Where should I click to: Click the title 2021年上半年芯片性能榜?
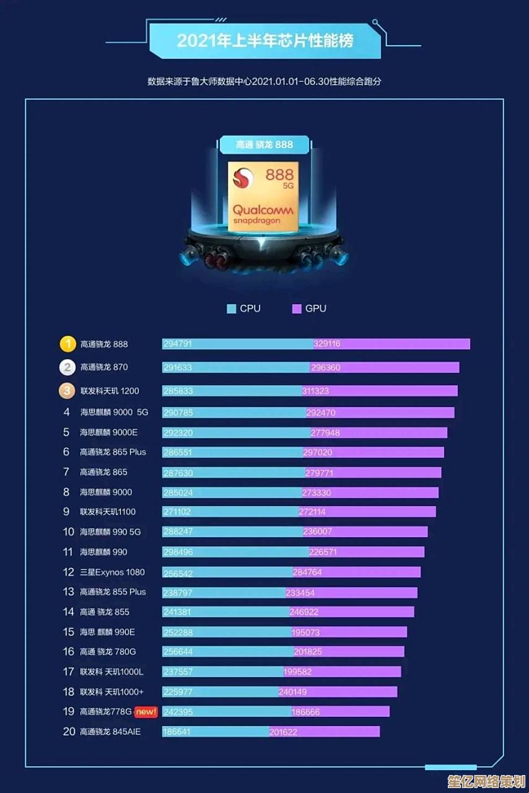[x=265, y=41]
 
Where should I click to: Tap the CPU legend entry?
[x=244, y=309]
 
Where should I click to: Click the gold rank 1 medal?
[x=68, y=344]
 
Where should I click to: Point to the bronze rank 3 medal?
[x=68, y=391]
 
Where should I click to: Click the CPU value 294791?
[x=177, y=344]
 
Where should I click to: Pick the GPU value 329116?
[x=327, y=344]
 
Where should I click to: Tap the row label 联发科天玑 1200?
[x=110, y=391]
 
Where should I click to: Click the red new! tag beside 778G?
[x=146, y=712]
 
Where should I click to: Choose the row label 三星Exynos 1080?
[x=112, y=572]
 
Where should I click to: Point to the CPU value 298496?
[x=177, y=552]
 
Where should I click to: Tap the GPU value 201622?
[x=283, y=732]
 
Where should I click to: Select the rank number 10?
[x=68, y=532]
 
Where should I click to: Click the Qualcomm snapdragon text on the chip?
[x=263, y=214]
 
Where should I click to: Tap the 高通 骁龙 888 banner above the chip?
[x=264, y=145]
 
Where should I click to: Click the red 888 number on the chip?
[x=279, y=175]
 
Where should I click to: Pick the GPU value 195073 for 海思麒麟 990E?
[x=305, y=633]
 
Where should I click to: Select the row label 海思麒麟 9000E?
[x=108, y=432]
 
